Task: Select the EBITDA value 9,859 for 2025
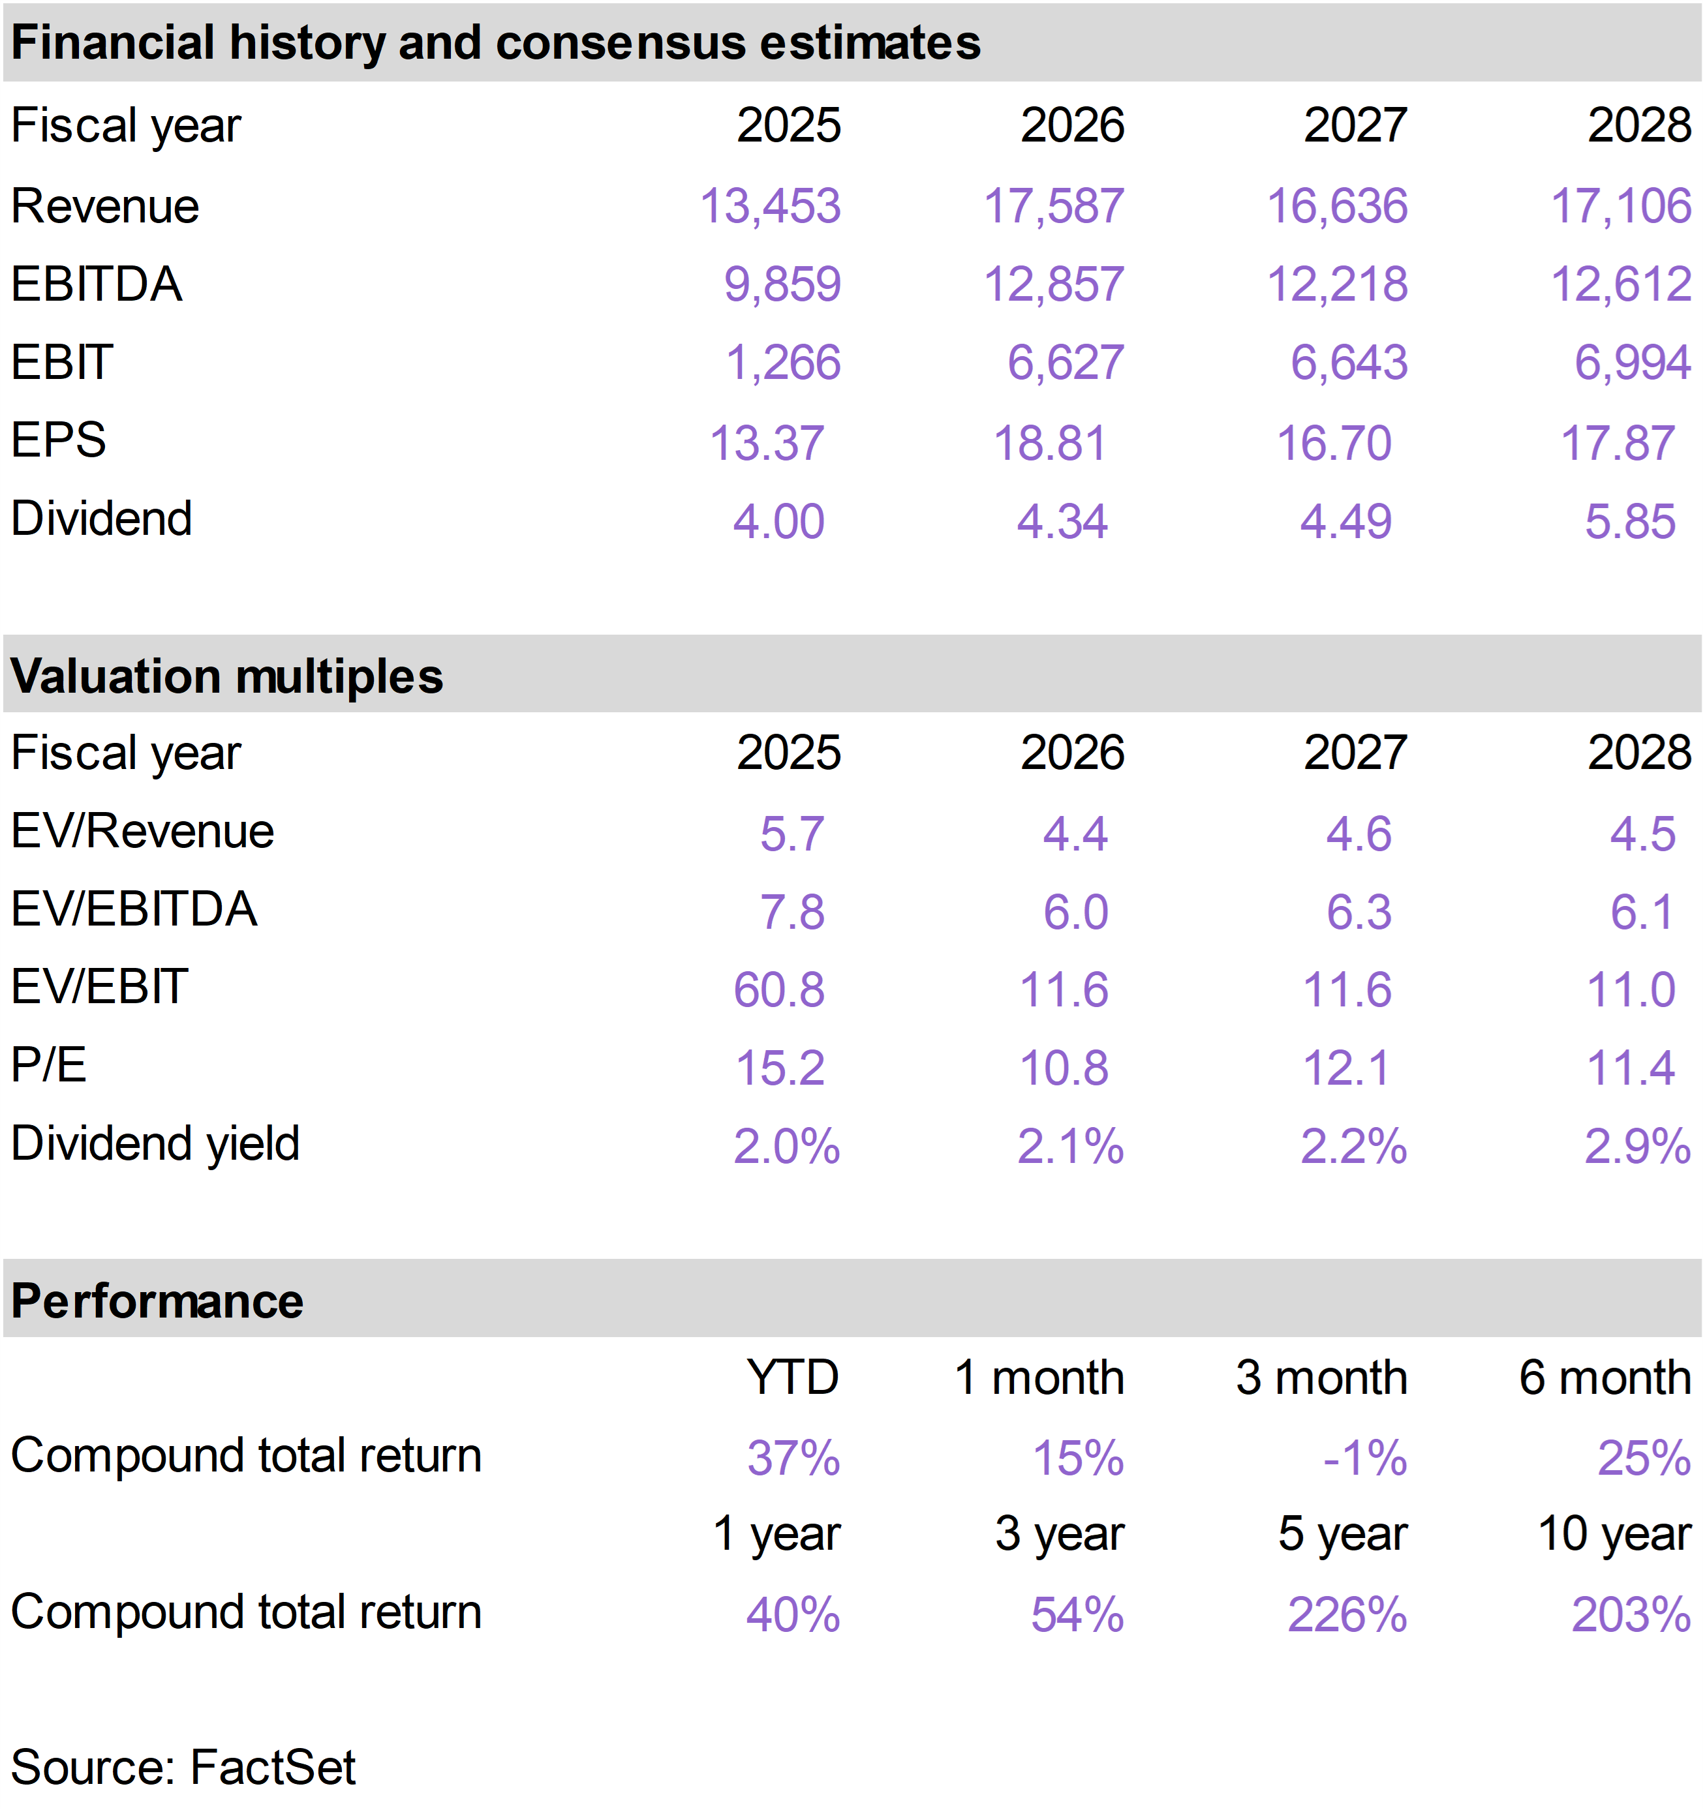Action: click(x=782, y=284)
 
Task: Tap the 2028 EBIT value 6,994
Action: click(x=1633, y=363)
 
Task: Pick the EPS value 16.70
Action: click(x=1334, y=444)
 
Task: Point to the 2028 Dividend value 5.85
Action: click(x=1630, y=522)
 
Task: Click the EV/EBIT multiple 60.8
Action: click(x=780, y=989)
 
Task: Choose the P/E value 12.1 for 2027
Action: click(x=1346, y=1068)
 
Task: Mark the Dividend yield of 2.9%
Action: click(x=1638, y=1146)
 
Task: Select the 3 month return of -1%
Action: click(x=1365, y=1458)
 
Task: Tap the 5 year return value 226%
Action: click(x=1348, y=1615)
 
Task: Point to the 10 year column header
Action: click(x=1615, y=1533)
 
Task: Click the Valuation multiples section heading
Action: click(x=227, y=676)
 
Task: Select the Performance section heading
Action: click(x=157, y=1301)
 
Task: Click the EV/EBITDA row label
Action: click(x=134, y=909)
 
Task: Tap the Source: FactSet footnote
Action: click(x=183, y=1767)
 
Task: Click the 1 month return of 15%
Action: click(x=1079, y=1458)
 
